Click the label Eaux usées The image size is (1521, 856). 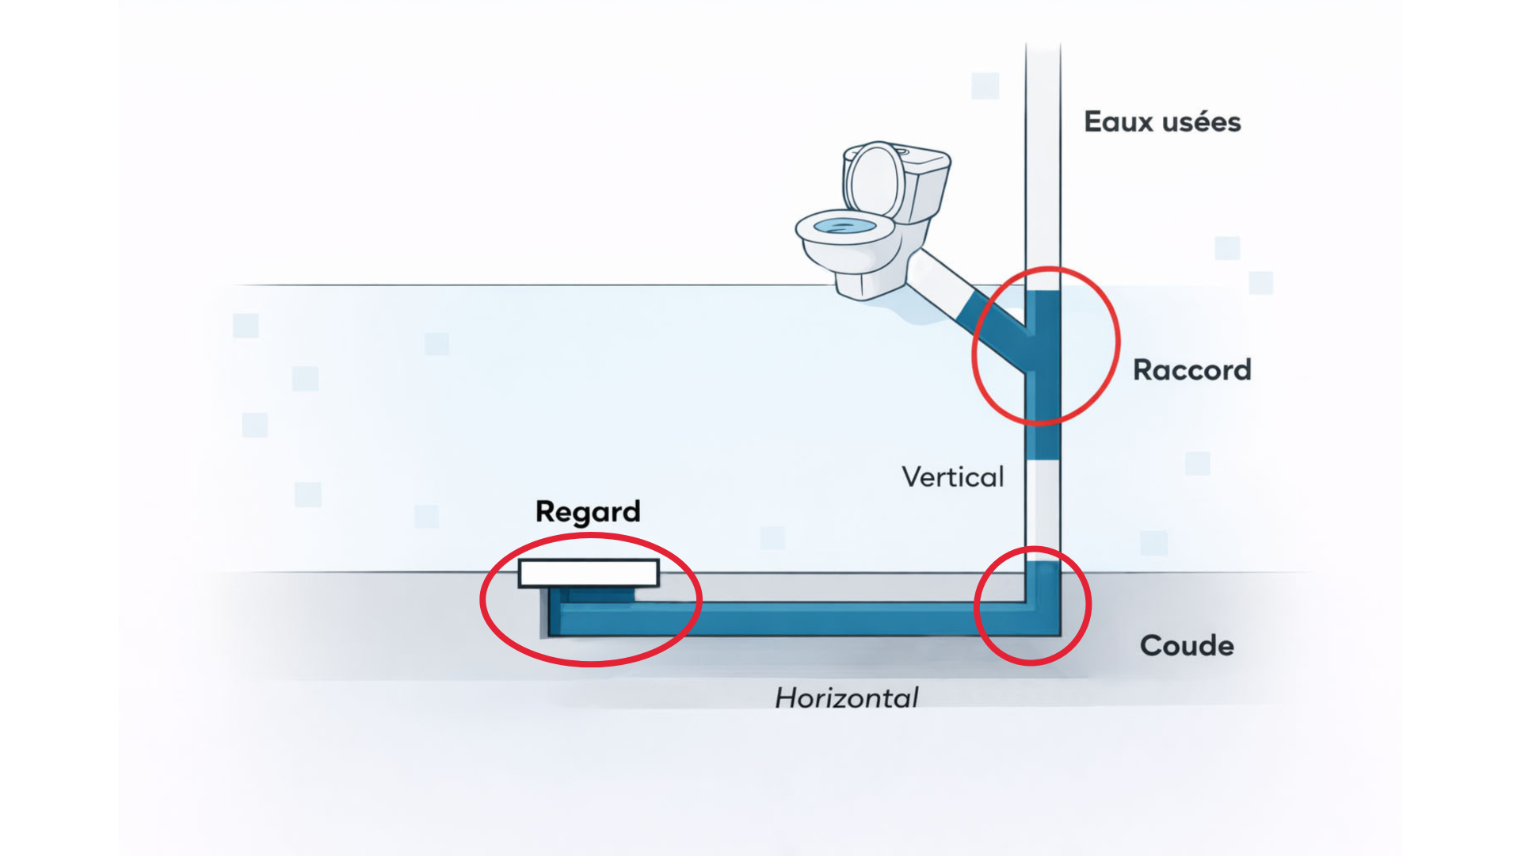point(1161,122)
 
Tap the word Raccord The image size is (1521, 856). point(1191,370)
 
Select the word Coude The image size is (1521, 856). point(1186,646)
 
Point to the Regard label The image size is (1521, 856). point(588,512)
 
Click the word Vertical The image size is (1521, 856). point(953,477)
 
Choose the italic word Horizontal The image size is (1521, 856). point(846,698)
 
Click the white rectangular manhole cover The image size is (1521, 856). point(589,573)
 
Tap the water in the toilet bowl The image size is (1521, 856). point(844,227)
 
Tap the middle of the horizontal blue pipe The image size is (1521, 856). point(792,618)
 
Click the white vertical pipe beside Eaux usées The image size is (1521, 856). point(1043,159)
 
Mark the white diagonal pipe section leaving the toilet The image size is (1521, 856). point(939,281)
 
